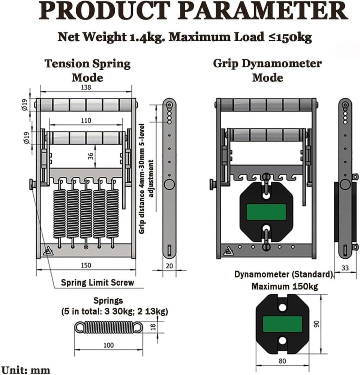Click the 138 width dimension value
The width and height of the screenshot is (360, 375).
86,87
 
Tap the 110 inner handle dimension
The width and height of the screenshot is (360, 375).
86,120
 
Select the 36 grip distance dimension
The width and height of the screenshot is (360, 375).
91,156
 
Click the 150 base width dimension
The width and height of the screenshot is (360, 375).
86,265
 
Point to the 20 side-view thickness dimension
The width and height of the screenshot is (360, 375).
169,266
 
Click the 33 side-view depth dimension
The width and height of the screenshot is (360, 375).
345,268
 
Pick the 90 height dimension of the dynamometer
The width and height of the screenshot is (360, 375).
316,324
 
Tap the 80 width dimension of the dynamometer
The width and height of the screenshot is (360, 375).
282,361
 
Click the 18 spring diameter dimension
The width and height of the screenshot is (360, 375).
153,327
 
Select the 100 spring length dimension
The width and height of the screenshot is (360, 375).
108,345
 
